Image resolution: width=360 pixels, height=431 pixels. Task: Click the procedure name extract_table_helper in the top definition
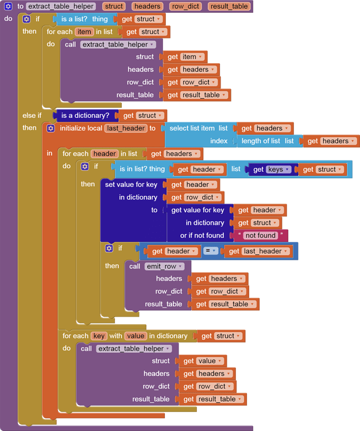click(61, 6)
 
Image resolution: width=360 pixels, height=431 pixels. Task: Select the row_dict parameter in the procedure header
click(185, 6)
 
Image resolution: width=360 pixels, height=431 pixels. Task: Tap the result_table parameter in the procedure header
click(229, 6)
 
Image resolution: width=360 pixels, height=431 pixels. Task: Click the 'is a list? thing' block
click(84, 19)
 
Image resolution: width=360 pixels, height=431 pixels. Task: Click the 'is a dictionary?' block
click(85, 116)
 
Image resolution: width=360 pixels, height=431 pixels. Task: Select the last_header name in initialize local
click(126, 128)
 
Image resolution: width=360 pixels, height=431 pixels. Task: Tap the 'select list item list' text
click(198, 128)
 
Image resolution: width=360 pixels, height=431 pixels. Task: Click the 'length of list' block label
click(261, 141)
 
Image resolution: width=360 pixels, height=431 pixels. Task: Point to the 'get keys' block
click(272, 170)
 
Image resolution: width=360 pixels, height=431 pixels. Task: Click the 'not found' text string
click(260, 236)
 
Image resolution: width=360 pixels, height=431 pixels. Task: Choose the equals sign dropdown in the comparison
click(210, 251)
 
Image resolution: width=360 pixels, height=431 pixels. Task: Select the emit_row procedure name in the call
click(164, 266)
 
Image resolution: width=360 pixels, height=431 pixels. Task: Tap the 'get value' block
click(203, 361)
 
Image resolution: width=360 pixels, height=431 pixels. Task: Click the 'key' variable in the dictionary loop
click(99, 336)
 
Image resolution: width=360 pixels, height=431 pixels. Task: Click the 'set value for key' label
click(131, 184)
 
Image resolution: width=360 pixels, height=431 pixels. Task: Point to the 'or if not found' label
click(202, 236)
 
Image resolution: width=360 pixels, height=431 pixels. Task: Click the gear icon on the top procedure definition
click(8, 6)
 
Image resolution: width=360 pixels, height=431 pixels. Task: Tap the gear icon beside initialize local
click(51, 128)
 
